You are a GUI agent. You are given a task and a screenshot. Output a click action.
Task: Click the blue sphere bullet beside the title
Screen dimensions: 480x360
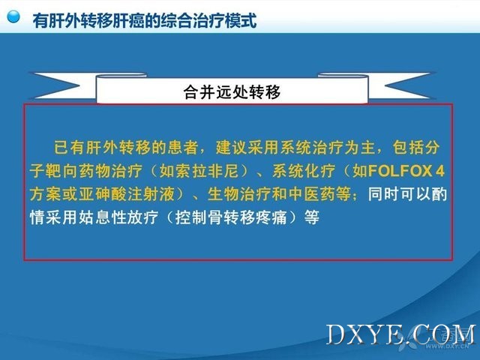click(13, 16)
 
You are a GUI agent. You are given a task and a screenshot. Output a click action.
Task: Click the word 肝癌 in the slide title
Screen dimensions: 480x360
click(128, 21)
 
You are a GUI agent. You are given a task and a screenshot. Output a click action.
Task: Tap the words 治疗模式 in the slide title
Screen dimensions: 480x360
click(225, 21)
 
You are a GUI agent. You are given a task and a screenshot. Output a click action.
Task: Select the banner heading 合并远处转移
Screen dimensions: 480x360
click(232, 91)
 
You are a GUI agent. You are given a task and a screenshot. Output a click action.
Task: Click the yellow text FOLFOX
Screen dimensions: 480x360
click(400, 171)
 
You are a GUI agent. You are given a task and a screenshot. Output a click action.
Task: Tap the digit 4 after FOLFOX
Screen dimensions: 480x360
click(440, 171)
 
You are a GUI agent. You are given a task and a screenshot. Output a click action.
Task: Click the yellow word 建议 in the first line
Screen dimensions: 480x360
click(232, 147)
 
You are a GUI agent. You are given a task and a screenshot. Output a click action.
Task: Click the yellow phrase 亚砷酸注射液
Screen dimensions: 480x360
click(127, 194)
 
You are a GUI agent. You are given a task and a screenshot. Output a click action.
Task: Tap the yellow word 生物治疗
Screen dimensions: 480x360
click(239, 194)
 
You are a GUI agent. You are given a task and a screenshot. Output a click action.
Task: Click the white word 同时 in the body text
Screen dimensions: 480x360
click(383, 194)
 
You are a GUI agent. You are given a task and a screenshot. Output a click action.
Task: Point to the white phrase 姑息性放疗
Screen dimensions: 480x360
click(118, 217)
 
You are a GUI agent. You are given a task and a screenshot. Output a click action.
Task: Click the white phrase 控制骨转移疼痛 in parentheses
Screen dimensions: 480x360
click(231, 217)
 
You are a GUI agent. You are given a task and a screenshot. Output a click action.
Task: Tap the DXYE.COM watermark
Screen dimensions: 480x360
click(401, 334)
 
